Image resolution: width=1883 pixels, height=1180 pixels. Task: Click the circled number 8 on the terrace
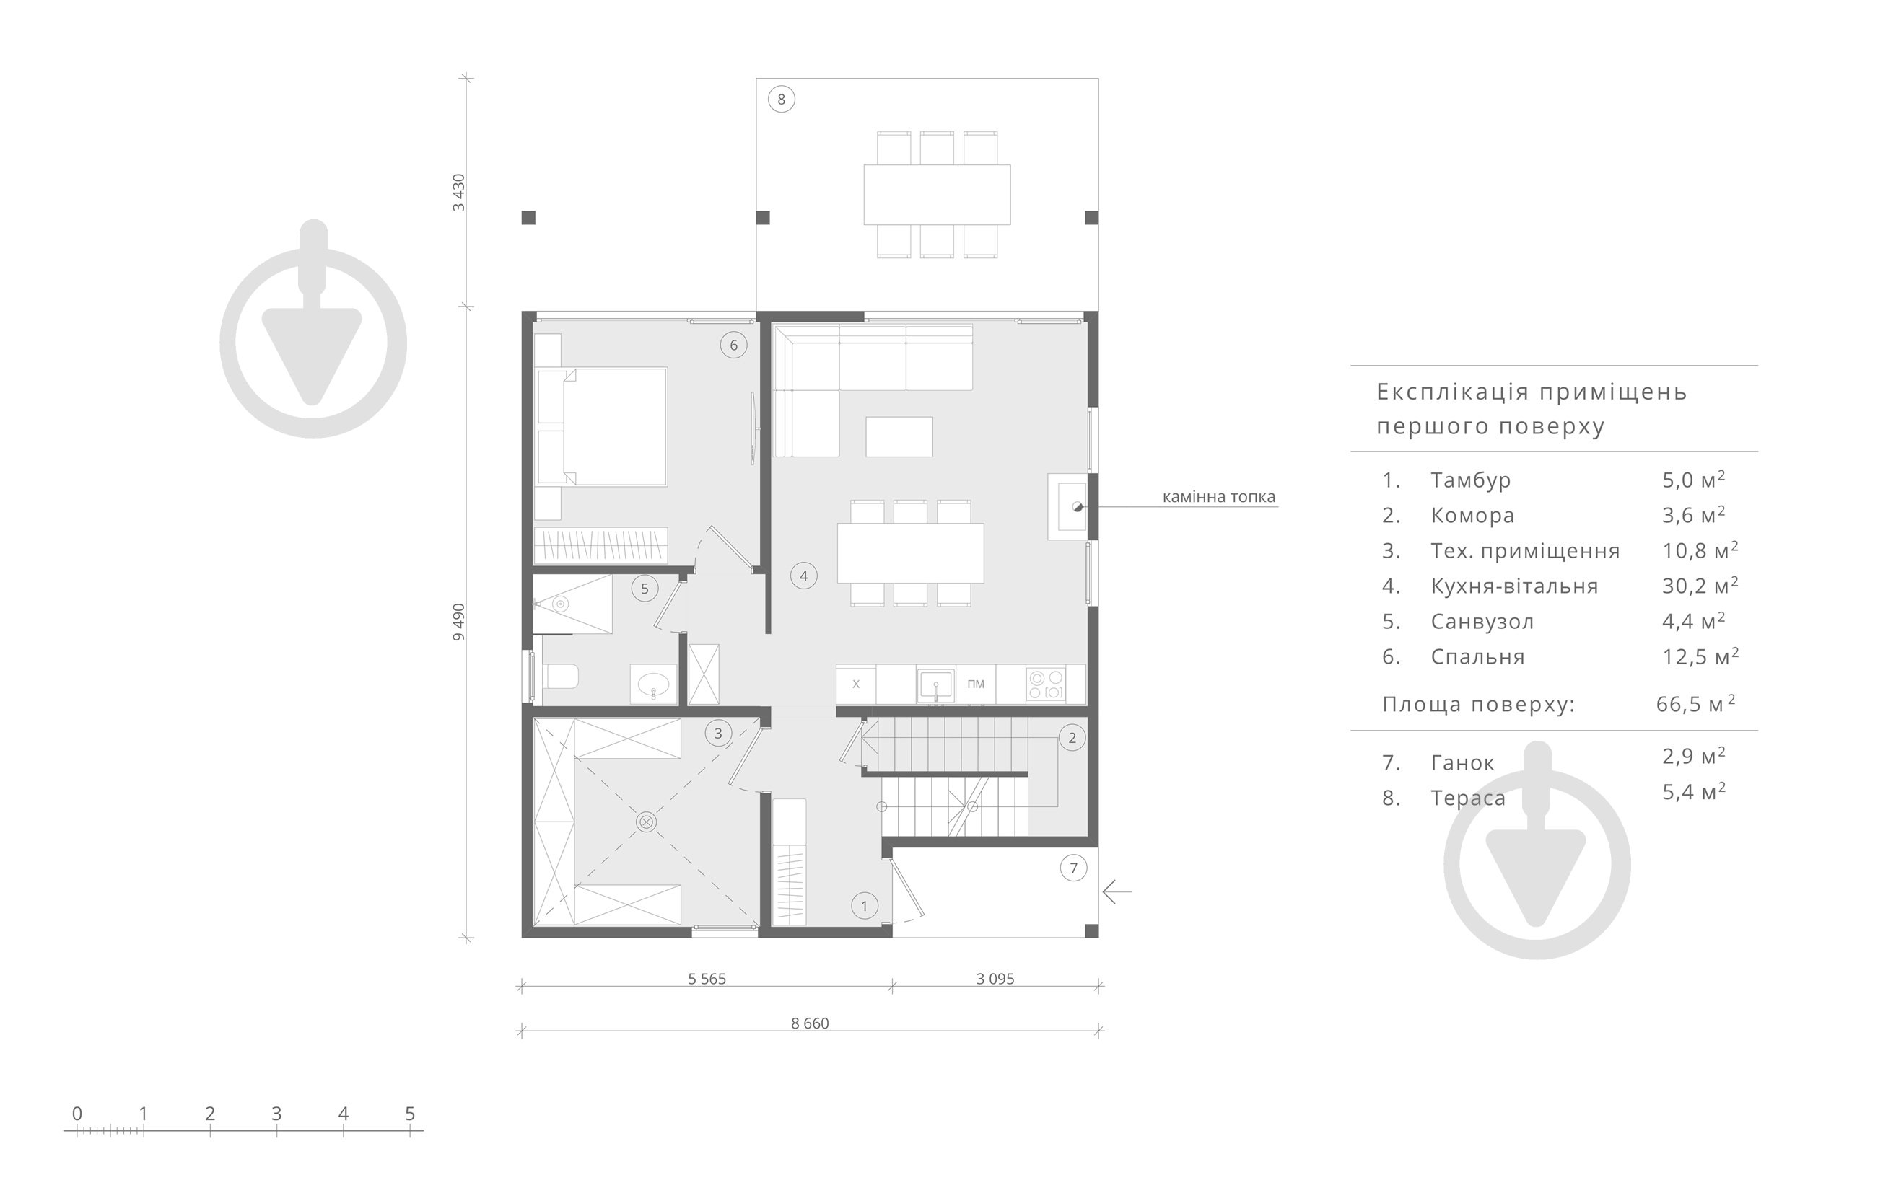781,99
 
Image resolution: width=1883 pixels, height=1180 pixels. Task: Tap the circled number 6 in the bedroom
733,345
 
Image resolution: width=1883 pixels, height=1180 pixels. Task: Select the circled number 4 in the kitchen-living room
803,576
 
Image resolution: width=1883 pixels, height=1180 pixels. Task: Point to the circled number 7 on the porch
1073,868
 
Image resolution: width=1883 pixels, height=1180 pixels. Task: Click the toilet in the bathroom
560,675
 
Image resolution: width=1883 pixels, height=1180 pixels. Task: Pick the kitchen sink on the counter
935,684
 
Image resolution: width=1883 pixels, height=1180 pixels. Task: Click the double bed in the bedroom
602,427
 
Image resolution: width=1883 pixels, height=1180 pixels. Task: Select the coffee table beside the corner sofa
899,437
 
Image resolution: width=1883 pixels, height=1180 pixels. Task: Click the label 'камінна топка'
1218,497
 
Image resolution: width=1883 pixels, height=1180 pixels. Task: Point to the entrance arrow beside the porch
1117,891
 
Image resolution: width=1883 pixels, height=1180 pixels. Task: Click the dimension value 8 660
810,1023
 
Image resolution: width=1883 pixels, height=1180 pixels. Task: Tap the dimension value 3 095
995,979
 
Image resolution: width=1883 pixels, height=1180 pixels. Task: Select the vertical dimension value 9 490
458,622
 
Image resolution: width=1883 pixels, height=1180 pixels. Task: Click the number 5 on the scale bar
410,1114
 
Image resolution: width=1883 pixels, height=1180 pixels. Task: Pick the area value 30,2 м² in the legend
1700,586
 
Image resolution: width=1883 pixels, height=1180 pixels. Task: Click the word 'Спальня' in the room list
1477,656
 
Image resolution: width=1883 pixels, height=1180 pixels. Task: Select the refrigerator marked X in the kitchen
856,684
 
